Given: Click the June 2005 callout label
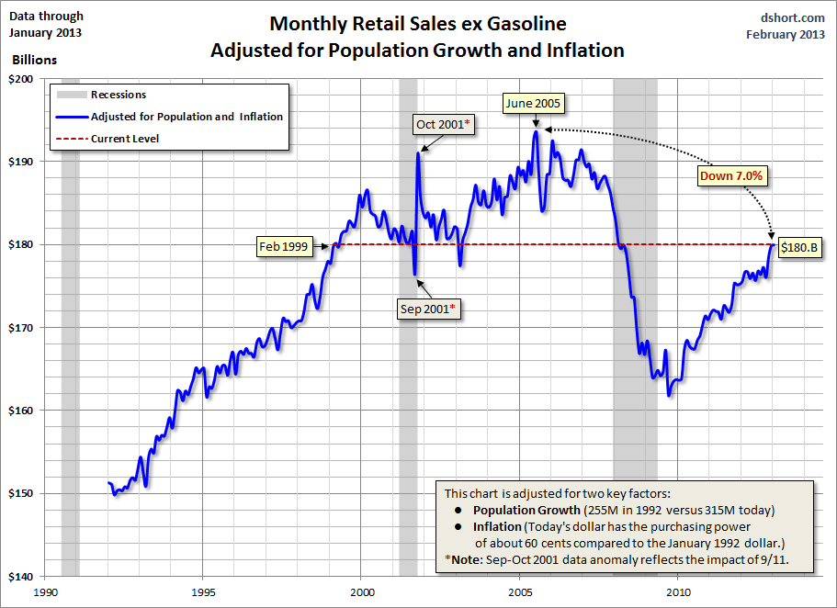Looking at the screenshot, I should click(x=534, y=104).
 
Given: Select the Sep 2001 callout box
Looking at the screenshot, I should click(x=426, y=310).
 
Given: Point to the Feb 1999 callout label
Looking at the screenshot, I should click(x=283, y=245).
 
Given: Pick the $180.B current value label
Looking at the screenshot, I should click(x=798, y=247).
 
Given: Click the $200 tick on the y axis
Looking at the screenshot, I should click(x=21, y=79).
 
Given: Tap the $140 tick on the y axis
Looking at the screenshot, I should click(x=21, y=576).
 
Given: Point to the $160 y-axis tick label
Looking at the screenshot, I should click(x=21, y=411).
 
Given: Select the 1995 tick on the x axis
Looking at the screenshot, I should click(x=204, y=592).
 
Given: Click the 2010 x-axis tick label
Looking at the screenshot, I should click(x=679, y=592).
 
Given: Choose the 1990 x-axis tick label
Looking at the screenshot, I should click(x=46, y=592).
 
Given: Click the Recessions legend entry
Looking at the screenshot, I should click(x=119, y=95).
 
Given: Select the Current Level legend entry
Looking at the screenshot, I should click(x=125, y=139).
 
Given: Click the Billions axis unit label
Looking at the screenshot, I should click(x=34, y=60).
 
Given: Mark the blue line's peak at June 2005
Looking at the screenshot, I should click(x=536, y=131).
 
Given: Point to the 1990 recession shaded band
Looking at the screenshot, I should click(x=70, y=321).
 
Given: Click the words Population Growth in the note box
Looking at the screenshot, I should click(x=526, y=510).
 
